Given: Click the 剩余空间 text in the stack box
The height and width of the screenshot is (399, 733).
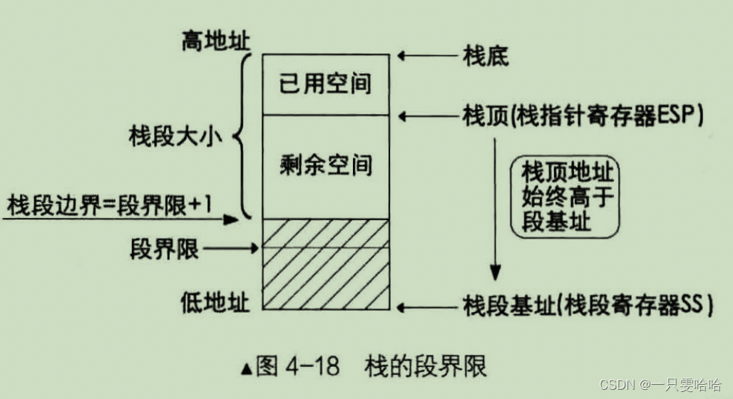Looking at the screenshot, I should click(x=326, y=165).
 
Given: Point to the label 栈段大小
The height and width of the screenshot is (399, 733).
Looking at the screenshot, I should click(x=175, y=135).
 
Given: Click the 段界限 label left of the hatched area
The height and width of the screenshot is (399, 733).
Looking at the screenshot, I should click(x=165, y=249).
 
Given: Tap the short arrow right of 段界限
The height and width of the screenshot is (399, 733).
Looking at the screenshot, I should click(x=234, y=249).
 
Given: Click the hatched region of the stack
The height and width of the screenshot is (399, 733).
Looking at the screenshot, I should click(x=326, y=264).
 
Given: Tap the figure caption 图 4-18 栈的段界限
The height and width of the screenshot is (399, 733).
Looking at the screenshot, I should click(x=364, y=367).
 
